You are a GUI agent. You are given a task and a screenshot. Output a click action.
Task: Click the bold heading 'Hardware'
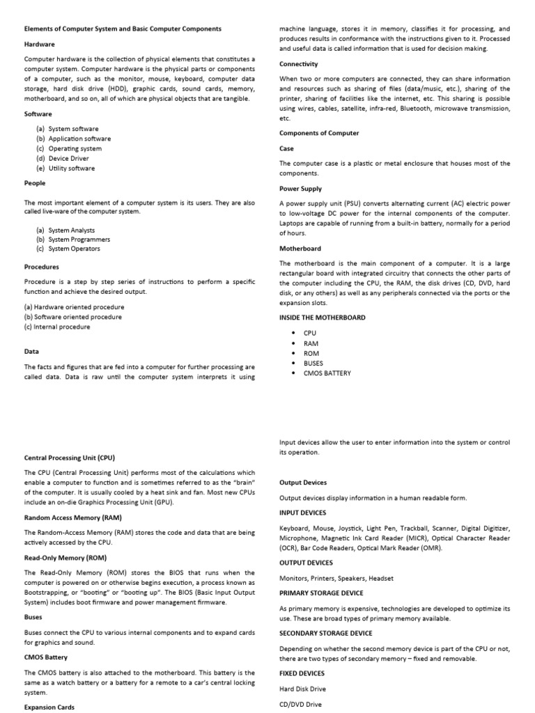pos(40,44)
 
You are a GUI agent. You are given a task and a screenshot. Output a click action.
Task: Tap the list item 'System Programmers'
pos(79,239)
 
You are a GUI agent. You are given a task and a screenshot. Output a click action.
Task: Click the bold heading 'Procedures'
pos(42,267)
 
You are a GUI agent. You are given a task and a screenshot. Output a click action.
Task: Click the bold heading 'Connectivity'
pos(299,64)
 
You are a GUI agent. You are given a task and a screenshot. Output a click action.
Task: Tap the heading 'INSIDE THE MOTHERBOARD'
pos(322,318)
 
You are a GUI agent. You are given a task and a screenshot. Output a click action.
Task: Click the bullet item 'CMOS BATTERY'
pos(327,373)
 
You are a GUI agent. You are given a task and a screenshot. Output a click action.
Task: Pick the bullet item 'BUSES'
pos(313,363)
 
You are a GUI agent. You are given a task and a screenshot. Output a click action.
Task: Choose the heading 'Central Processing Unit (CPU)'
pos(70,457)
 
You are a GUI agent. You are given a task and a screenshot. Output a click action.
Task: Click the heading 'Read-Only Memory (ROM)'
pos(65,558)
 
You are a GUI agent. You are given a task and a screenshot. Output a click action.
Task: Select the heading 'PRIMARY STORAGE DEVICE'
pos(321,593)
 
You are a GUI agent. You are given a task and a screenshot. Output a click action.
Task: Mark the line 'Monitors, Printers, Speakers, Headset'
pos(336,578)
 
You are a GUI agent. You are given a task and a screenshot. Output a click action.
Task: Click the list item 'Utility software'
pos(71,168)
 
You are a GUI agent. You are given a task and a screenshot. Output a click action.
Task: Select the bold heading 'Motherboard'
pos(300,248)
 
